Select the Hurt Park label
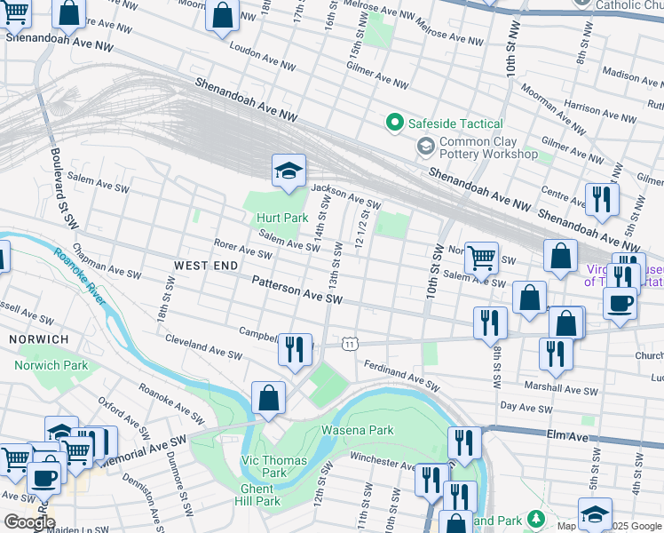(281, 218)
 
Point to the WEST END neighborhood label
(206, 266)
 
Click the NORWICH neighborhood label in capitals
(38, 339)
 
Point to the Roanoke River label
(79, 276)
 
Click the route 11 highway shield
(352, 342)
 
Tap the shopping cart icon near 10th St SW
(481, 258)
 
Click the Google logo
(28, 522)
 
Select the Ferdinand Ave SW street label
(400, 375)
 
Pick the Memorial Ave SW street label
(142, 451)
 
